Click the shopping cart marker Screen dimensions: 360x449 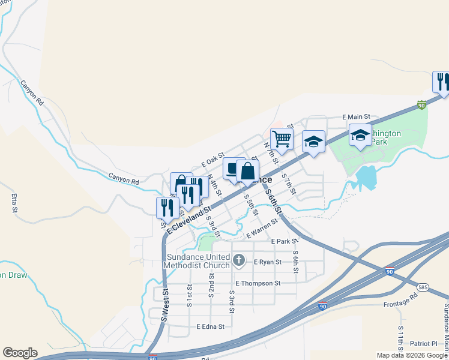[282, 139]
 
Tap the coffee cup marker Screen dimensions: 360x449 [234, 168]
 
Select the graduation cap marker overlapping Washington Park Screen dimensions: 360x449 [360, 136]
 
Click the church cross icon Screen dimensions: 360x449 [239, 260]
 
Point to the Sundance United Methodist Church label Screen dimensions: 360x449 [198, 261]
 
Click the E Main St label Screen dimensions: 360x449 [357, 117]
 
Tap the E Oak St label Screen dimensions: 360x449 [212, 159]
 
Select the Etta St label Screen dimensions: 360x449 [13, 203]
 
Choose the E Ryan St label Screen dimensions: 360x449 [268, 262]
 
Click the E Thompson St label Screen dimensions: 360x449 [258, 283]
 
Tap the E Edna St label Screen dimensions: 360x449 [210, 327]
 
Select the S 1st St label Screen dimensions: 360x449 [189, 296]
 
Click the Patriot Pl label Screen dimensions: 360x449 [424, 344]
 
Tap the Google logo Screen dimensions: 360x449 [20, 353]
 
